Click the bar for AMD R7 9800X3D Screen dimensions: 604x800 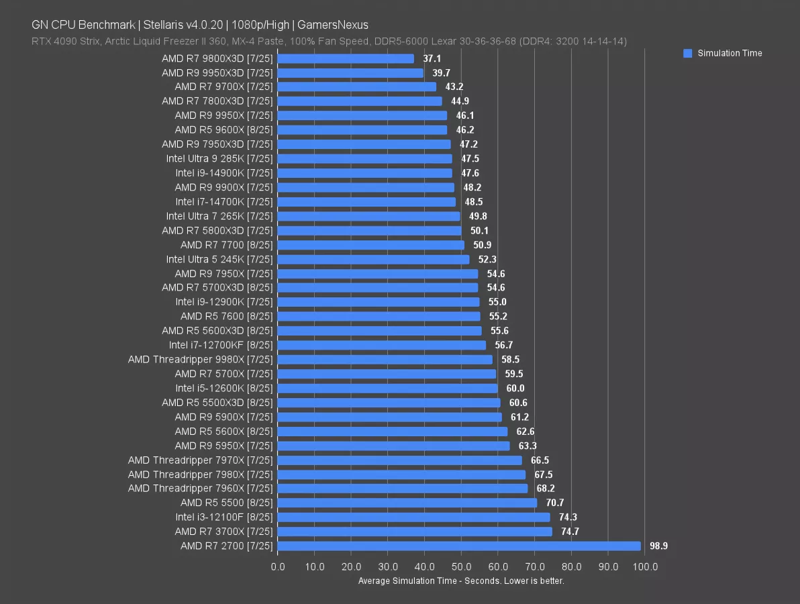click(346, 58)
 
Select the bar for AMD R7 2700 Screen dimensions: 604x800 click(459, 546)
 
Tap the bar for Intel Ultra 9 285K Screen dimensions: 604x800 click(364, 159)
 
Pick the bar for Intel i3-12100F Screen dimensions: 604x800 click(413, 517)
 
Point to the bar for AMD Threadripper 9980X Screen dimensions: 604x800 click(385, 360)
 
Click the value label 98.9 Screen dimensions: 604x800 click(658, 546)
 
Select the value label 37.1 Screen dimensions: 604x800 click(432, 59)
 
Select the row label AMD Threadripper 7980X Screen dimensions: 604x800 click(200, 474)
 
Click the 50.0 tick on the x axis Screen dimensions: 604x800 click(461, 567)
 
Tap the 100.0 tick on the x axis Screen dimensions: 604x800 click(645, 567)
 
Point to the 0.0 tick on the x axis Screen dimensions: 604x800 click(277, 567)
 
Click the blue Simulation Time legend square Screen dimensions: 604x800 click(687, 54)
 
